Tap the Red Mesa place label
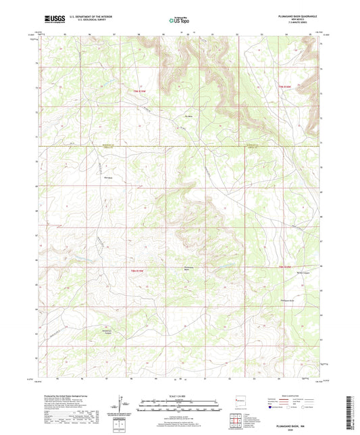106,179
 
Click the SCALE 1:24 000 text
180,396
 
